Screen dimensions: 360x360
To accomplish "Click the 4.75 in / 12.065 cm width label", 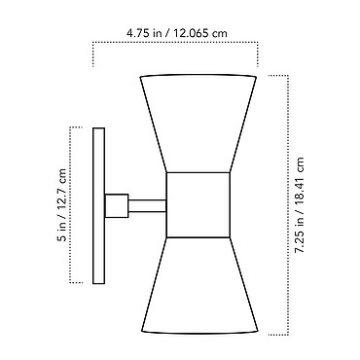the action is click(177, 33).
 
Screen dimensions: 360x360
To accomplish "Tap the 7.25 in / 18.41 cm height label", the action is click(299, 205).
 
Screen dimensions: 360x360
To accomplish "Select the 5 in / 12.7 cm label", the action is click(61, 205).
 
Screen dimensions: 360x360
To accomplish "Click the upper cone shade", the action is click(198, 124).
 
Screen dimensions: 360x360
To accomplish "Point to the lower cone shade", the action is click(199, 285).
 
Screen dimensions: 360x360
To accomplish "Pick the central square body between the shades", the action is click(198, 205).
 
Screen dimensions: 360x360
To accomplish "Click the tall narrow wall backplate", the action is click(98, 205).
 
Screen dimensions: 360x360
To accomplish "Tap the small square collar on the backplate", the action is click(117, 205).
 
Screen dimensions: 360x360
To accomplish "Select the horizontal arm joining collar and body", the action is click(147, 206).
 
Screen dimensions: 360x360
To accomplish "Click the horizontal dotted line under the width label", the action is click(175, 42).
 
